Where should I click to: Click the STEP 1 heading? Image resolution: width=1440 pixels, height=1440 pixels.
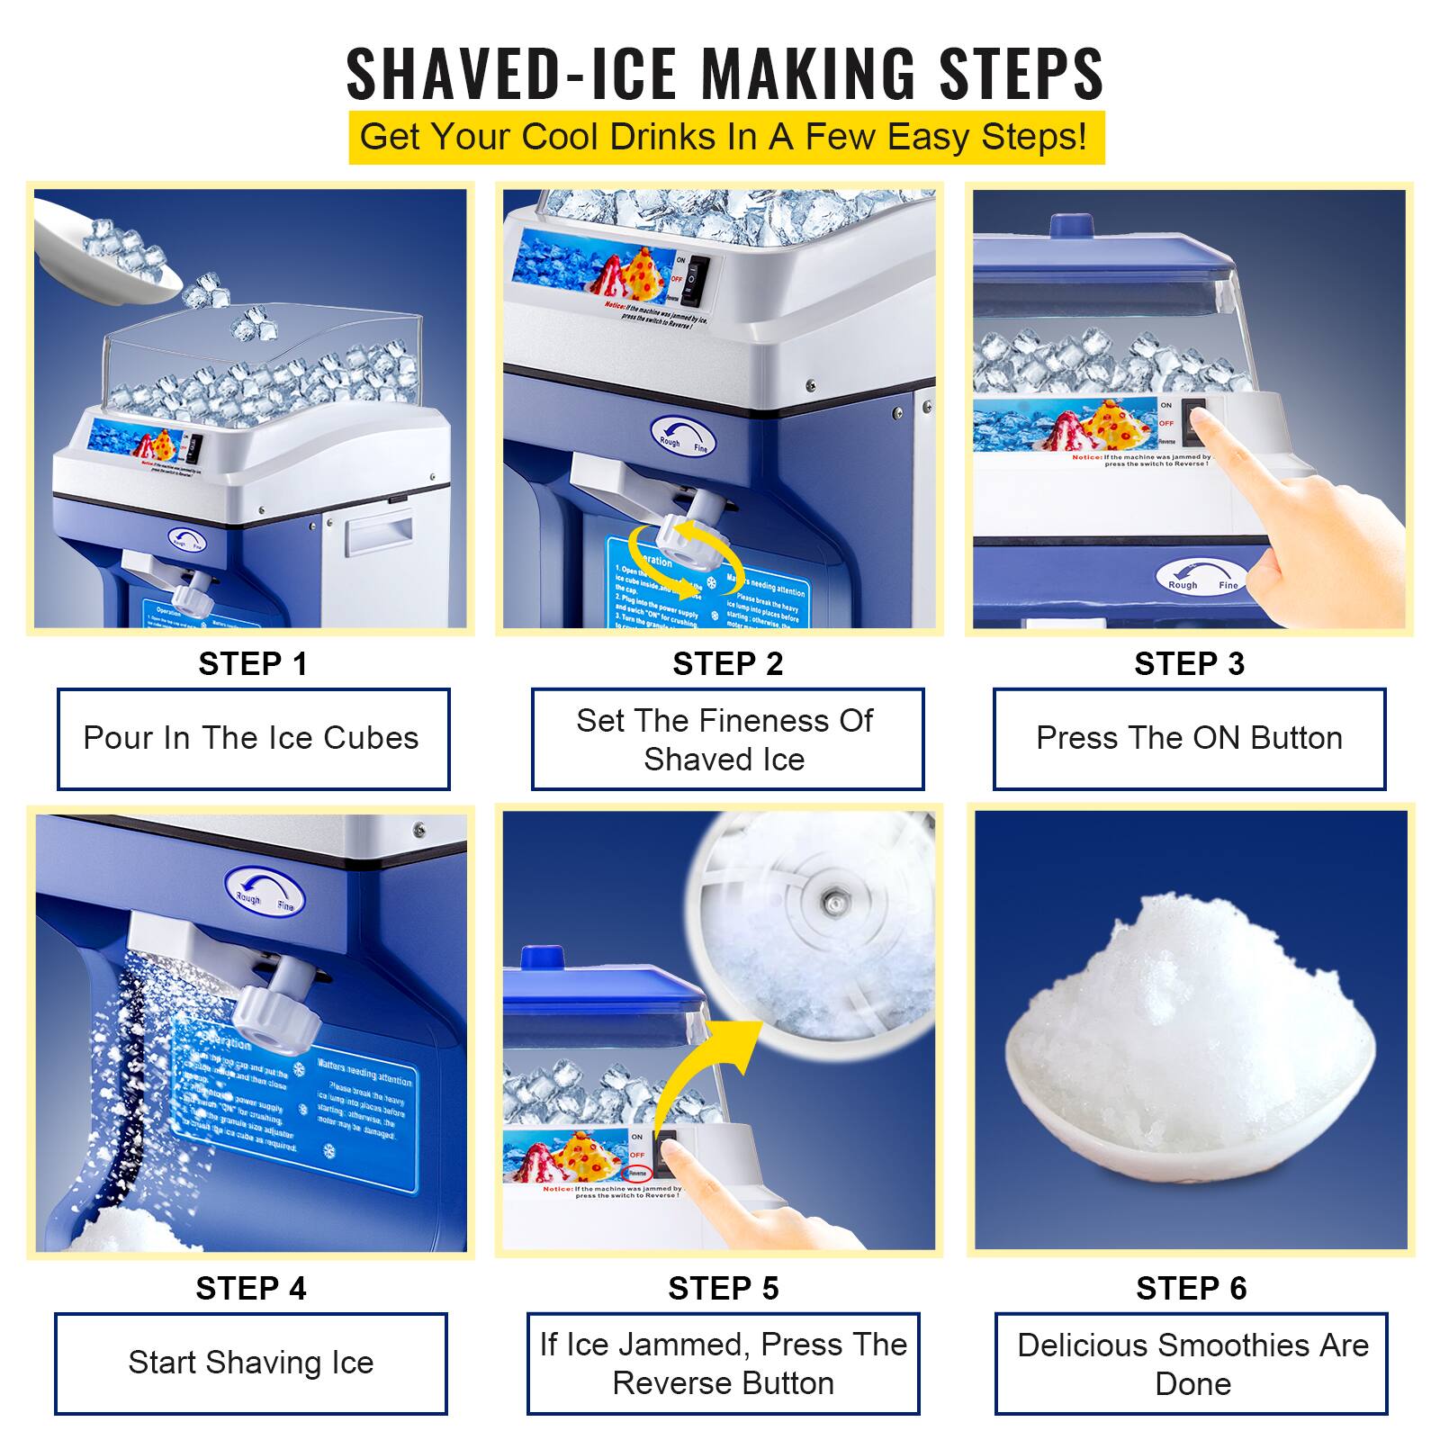pos(252,664)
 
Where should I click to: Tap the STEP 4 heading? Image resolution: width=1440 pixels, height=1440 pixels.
pos(251,1289)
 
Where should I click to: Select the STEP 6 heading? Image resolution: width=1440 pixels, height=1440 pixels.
pos(1191,1289)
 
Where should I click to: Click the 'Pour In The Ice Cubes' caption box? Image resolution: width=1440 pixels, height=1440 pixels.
pos(253,739)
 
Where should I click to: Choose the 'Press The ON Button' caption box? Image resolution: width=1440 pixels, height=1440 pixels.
pos(1189,739)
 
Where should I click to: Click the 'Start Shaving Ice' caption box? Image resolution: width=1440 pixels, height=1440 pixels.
pos(250,1363)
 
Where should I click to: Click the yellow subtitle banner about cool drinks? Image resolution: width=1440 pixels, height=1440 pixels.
pos(725,138)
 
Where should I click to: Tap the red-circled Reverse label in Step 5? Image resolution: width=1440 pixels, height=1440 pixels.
pos(637,1173)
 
